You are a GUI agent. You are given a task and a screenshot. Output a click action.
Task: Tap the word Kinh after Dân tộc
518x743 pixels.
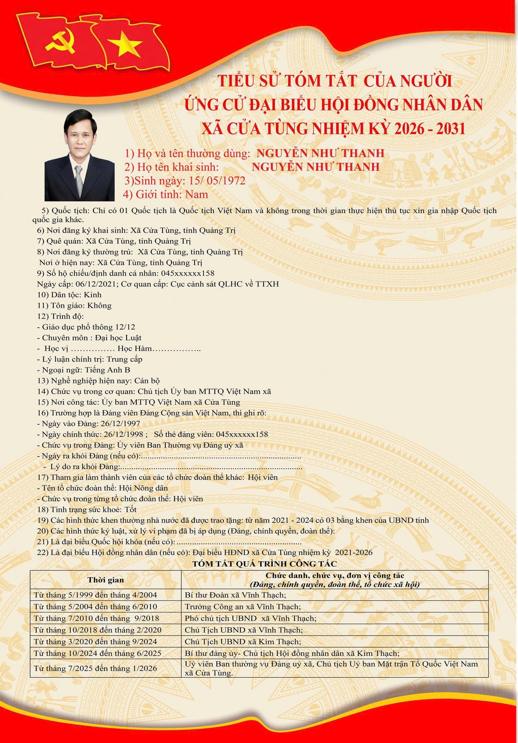pyautogui.click(x=93, y=295)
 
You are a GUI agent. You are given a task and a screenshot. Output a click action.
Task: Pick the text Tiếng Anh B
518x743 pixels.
pyautogui.click(x=107, y=370)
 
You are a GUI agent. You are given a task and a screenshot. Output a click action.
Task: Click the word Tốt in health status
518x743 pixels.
pyautogui.click(x=130, y=509)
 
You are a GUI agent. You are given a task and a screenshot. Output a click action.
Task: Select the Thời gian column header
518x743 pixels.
pyautogui.click(x=106, y=580)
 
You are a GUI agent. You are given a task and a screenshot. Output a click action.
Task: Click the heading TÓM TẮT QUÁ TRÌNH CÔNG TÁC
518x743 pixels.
pyautogui.click(x=264, y=563)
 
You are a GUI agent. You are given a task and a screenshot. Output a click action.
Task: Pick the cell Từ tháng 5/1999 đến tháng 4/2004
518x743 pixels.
pyautogui.click(x=95, y=595)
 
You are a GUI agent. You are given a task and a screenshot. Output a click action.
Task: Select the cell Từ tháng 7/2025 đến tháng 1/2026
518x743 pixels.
pyautogui.click(x=95, y=668)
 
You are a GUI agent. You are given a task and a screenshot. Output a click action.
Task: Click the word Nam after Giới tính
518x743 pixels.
pyautogui.click(x=197, y=194)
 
